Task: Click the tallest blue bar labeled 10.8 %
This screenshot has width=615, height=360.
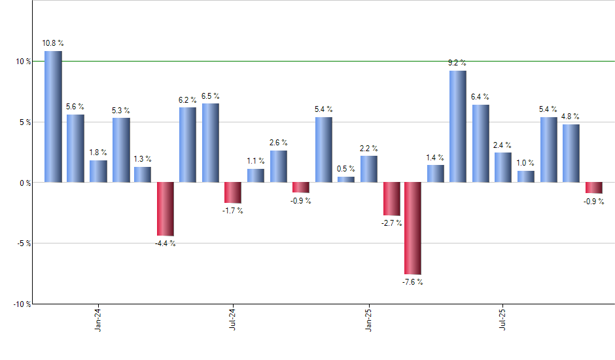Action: click(53, 117)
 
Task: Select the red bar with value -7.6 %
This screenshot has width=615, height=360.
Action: click(413, 228)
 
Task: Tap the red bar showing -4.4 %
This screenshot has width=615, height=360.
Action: click(166, 209)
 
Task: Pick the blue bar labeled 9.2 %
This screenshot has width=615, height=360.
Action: click(458, 126)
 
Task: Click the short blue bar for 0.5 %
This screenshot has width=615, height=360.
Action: click(346, 179)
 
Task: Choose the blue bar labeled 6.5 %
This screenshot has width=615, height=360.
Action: click(211, 143)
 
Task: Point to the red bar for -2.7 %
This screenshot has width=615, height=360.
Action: click(391, 198)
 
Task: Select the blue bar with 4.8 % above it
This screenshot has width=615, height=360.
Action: click(571, 153)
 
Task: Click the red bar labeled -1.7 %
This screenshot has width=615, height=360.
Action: click(233, 192)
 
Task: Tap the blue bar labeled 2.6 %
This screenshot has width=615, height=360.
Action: click(278, 166)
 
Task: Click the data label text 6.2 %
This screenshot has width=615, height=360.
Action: click(188, 100)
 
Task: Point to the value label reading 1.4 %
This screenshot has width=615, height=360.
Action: click(435, 158)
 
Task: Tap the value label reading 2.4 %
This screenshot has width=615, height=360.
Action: click(503, 145)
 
